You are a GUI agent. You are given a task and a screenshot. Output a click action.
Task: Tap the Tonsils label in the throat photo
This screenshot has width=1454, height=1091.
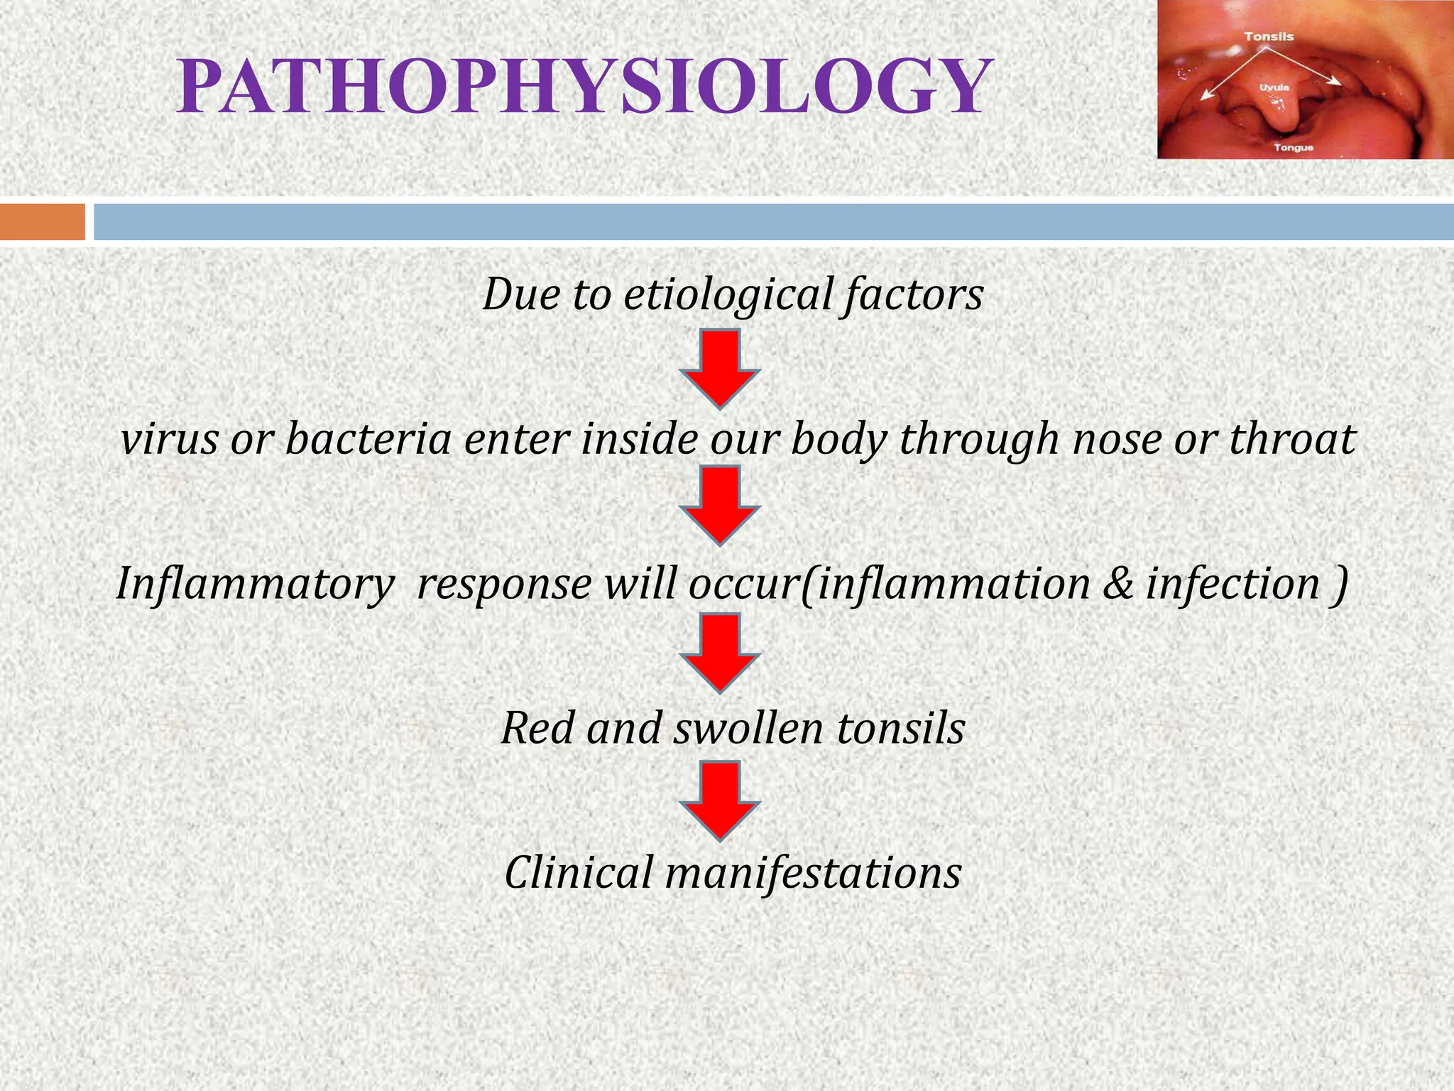point(1269,36)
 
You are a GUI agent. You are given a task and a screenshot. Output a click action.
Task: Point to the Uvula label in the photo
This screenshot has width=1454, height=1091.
point(1274,88)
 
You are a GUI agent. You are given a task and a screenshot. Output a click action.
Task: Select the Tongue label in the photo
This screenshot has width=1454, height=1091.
point(1294,148)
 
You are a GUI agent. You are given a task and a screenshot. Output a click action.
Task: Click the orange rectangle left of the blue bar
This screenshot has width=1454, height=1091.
point(42,222)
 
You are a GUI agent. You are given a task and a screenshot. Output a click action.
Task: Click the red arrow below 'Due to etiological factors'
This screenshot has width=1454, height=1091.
point(720,368)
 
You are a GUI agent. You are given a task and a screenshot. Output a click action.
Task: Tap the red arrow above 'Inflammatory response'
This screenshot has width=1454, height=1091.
point(720,505)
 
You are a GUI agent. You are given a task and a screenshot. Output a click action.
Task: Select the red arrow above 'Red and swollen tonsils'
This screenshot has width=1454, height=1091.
point(720,653)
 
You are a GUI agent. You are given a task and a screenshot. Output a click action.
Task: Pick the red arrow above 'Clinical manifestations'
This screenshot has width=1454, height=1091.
point(720,800)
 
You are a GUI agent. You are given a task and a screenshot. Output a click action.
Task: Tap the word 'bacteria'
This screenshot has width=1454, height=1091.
point(368,440)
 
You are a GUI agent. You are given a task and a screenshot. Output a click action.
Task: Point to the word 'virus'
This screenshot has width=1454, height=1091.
point(169,440)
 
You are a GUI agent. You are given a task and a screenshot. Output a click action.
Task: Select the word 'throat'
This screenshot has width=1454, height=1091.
point(1292,440)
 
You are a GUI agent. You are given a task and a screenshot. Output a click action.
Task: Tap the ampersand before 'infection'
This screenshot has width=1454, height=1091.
point(1118,585)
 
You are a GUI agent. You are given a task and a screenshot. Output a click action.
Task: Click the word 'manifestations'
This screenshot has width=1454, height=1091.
point(813,873)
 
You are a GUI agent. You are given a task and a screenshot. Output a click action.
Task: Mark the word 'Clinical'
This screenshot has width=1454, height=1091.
point(579,873)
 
